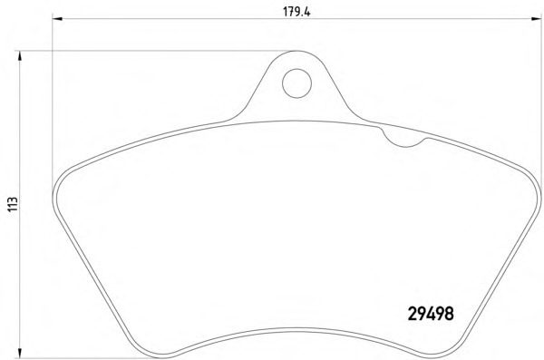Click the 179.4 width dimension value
coord(296,12)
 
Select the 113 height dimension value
coord(13,204)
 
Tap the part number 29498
coord(431,314)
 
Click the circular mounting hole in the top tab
coord(296,83)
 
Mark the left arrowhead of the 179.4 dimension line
coord(57,18)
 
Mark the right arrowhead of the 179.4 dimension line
coord(536,18)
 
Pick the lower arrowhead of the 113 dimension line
coord(20,353)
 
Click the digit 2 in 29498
coord(413,314)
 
